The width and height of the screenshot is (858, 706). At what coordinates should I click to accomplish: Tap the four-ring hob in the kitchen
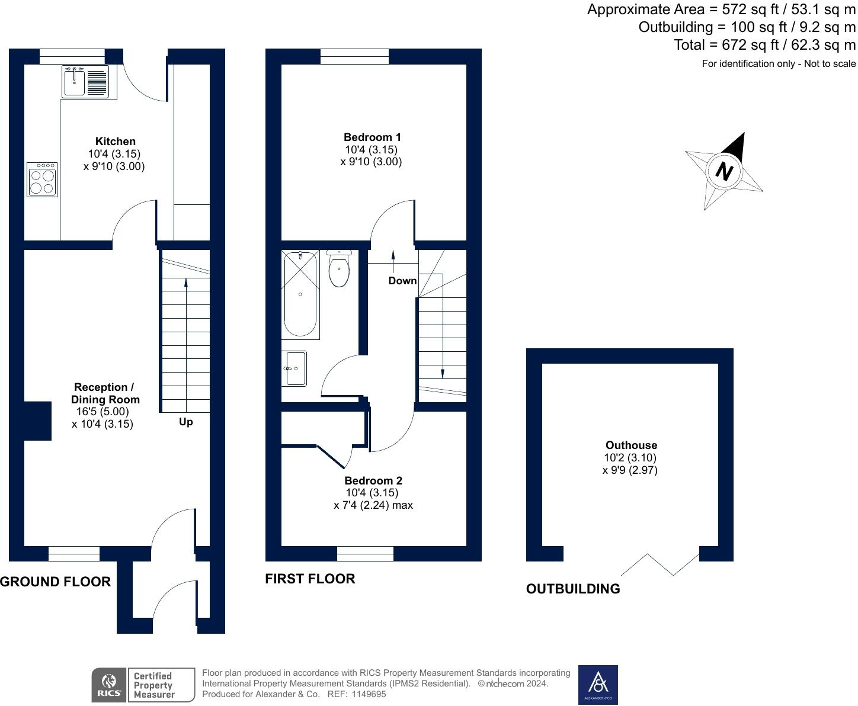pos(42,180)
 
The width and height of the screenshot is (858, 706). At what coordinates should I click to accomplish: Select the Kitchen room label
pos(115,142)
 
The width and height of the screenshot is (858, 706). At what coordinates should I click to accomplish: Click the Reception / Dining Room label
pos(104,393)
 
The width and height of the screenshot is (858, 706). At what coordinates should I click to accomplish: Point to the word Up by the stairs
pos(185,422)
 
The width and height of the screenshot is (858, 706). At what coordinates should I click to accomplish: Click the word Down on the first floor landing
pos(402,281)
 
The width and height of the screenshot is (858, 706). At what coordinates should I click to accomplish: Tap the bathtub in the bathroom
pos(301,294)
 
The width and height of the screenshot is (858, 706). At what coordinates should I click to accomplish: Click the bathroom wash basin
pos(295,368)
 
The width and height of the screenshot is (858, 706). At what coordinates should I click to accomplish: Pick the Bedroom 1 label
pos(372,137)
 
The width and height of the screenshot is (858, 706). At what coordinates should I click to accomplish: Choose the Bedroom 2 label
pos(373,480)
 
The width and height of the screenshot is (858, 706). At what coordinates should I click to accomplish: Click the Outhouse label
pos(631,445)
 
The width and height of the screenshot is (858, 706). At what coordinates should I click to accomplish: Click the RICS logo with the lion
pos(108,685)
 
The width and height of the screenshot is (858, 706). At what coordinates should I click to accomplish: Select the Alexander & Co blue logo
pos(597,685)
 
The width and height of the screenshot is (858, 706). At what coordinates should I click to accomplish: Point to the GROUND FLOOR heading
pos(56,582)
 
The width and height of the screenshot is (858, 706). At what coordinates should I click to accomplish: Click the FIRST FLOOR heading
pos(310,579)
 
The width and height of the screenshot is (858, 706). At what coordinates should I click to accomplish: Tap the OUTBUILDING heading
pos(573,589)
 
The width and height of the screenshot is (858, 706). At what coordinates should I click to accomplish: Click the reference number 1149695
pos(369,694)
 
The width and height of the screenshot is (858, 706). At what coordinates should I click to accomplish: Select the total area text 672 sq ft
pos(764,45)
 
